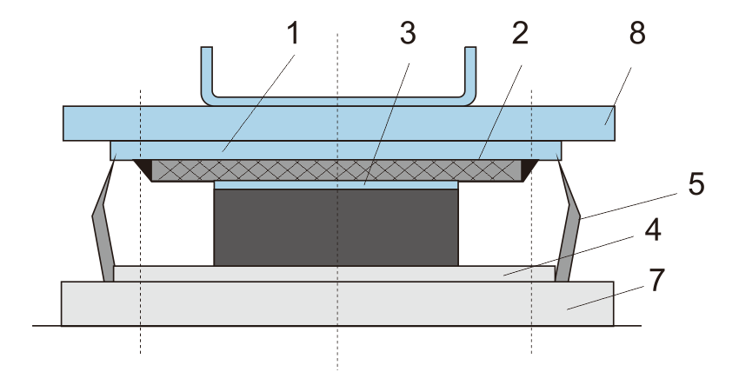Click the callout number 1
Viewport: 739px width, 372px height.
click(292, 36)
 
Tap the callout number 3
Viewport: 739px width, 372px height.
click(407, 36)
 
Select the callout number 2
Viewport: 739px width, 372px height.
click(519, 36)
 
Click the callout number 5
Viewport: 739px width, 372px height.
click(693, 185)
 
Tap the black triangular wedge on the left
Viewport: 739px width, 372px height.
click(143, 168)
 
